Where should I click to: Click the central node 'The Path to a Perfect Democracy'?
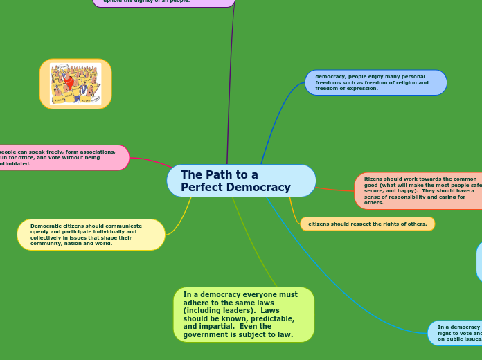tap(241, 181)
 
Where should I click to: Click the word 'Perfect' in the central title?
tap(202, 188)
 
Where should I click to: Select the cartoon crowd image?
tap(75, 84)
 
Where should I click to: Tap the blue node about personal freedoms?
tap(375, 82)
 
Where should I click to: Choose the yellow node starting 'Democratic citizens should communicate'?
tap(91, 235)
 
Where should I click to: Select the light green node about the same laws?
tap(243, 314)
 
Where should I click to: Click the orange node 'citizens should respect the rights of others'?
tap(367, 224)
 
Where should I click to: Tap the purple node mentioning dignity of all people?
tap(163, 2)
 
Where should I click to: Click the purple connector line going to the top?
tap(229, 83)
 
